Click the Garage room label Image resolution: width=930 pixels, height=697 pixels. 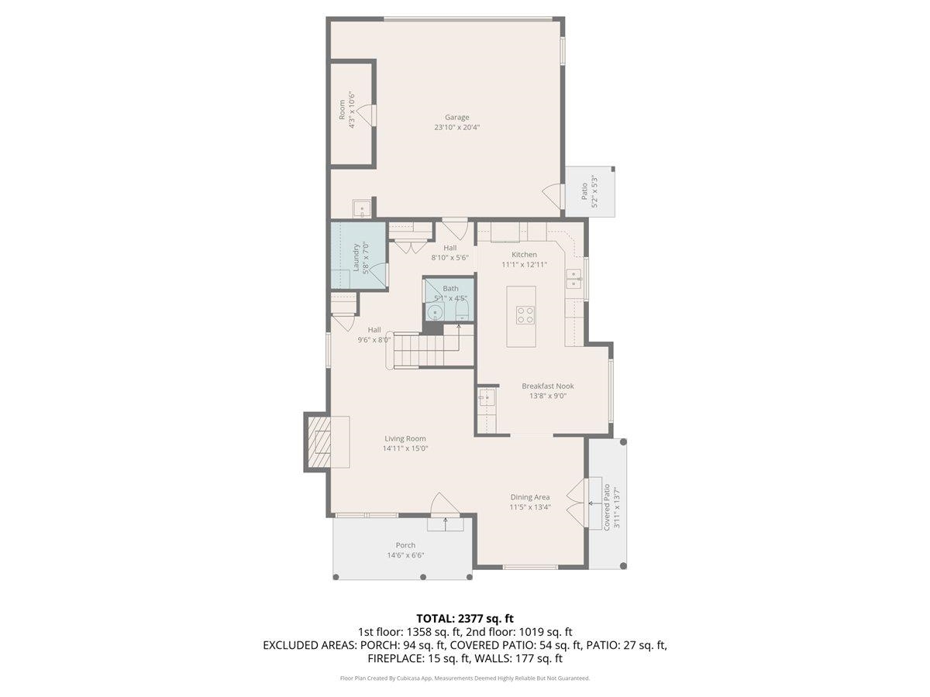[x=456, y=118]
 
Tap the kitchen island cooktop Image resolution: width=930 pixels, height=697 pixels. [x=525, y=314]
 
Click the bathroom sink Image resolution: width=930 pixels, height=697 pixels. [x=436, y=312]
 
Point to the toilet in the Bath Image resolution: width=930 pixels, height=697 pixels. [x=462, y=311]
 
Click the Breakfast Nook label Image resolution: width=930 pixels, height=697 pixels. [x=547, y=386]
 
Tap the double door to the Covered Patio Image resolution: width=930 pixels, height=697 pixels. [x=577, y=502]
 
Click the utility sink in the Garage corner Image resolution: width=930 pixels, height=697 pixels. [x=361, y=209]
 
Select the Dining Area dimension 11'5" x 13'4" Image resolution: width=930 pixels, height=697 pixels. [x=530, y=507]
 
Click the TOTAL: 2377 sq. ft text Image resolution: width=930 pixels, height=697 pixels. [x=465, y=618]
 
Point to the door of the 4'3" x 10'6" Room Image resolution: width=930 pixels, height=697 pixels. [x=372, y=115]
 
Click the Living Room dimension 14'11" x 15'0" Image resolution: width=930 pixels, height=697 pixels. [x=405, y=448]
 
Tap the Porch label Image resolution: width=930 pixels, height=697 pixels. [x=405, y=545]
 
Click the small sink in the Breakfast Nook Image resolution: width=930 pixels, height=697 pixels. [x=485, y=400]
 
